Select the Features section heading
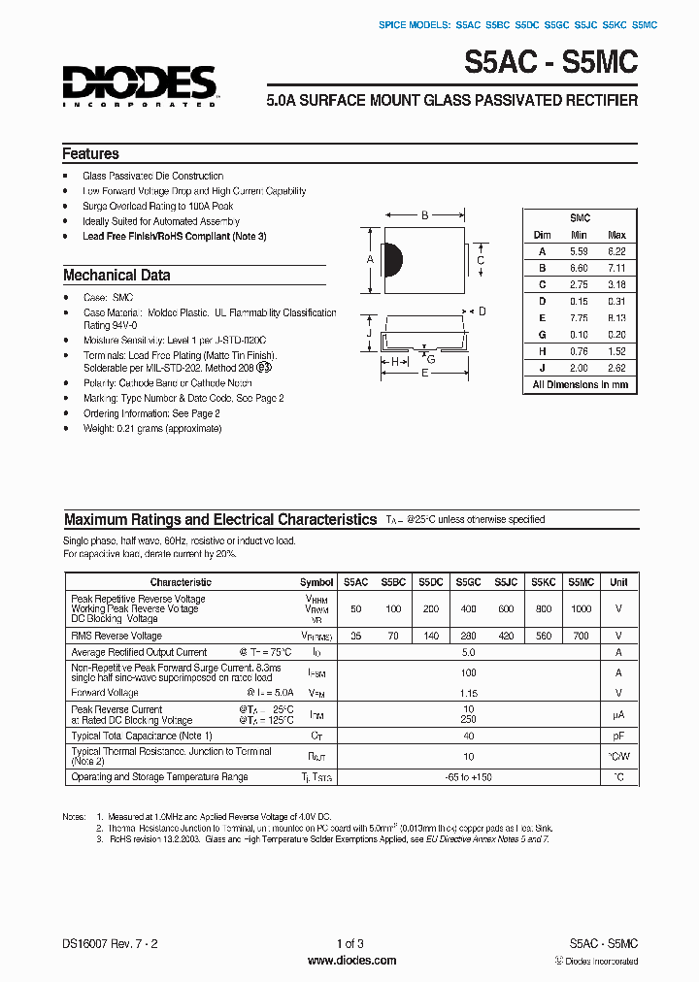[90, 154]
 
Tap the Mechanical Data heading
[116, 276]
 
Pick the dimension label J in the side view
[370, 333]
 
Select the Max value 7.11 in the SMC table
[616, 268]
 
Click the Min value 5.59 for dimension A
[580, 251]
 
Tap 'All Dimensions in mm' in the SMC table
[580, 385]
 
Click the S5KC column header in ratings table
[543, 582]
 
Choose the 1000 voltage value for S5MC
[580, 608]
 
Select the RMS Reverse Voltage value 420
[506, 636]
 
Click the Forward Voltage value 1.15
[468, 694]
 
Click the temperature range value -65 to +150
[468, 777]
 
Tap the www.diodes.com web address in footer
[350, 961]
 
